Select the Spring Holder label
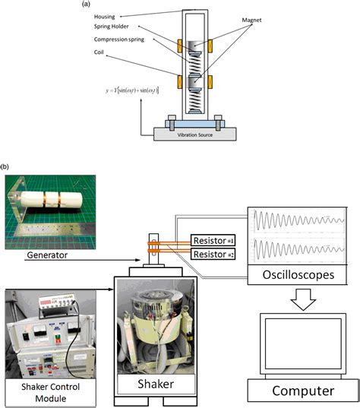coord(109,27)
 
